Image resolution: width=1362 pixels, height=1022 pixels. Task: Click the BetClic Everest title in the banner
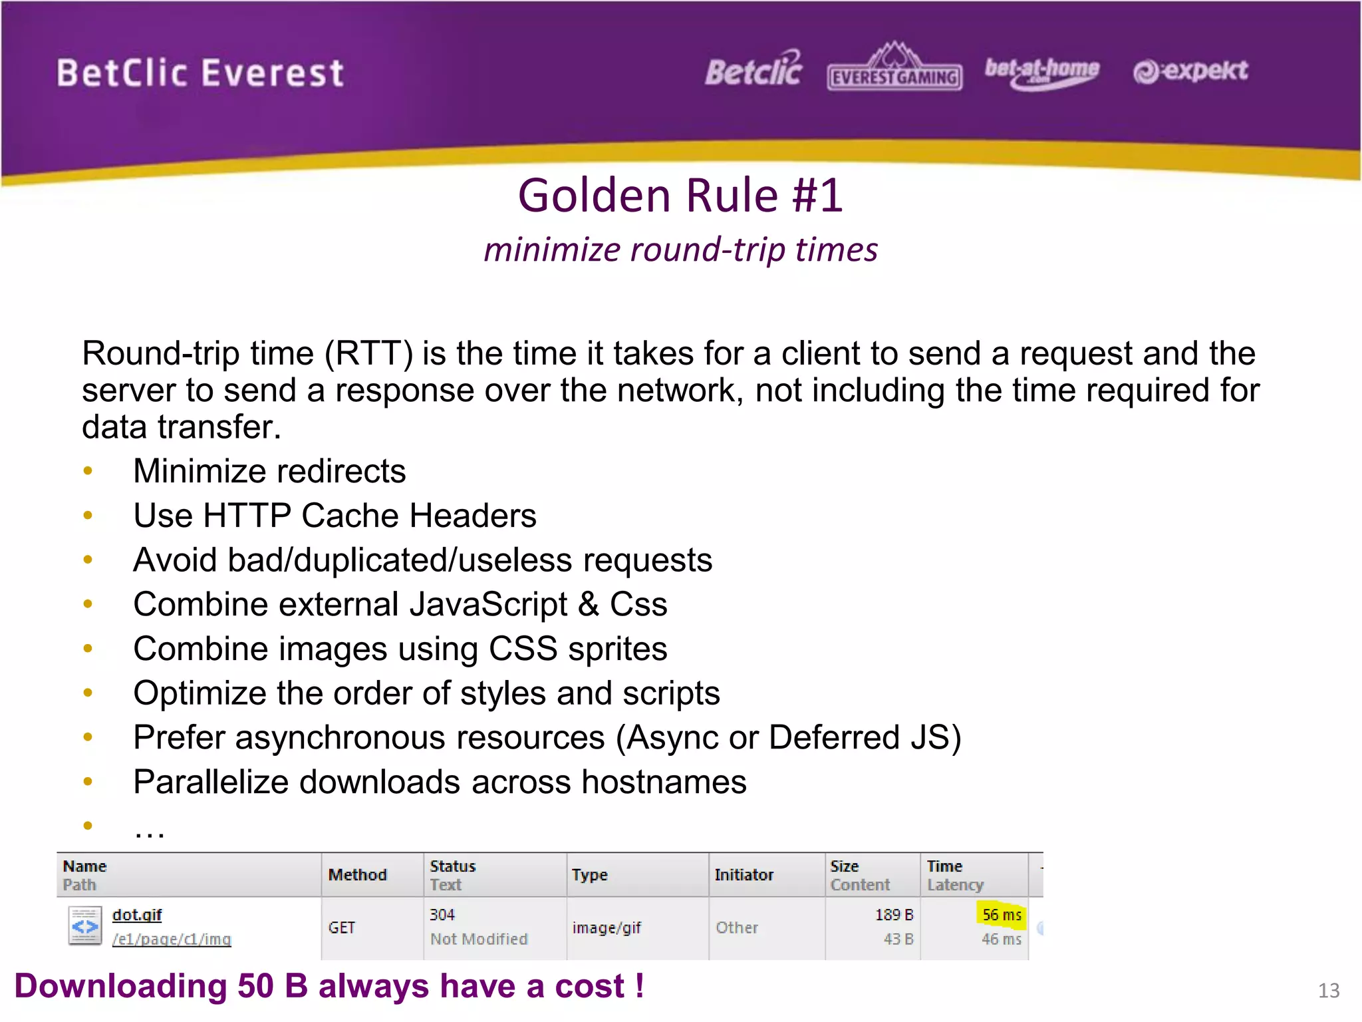pyautogui.click(x=200, y=73)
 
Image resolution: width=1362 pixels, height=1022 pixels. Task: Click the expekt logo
pyautogui.click(x=1190, y=71)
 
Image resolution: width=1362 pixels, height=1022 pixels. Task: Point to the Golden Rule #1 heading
pyautogui.click(x=680, y=196)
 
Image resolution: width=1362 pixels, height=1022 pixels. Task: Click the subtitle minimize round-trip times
pyautogui.click(x=680, y=250)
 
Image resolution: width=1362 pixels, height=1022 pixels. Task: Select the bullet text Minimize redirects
pyautogui.click(x=269, y=471)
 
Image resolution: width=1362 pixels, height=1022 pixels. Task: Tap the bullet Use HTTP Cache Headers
pyautogui.click(x=335, y=516)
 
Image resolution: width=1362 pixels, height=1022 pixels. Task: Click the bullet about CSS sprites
pyautogui.click(x=400, y=649)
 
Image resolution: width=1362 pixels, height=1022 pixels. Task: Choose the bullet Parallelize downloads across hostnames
pyautogui.click(x=440, y=782)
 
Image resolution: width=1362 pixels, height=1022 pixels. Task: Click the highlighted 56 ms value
pyautogui.click(x=1002, y=915)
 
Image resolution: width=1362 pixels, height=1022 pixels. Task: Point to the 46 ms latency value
pyautogui.click(x=1001, y=939)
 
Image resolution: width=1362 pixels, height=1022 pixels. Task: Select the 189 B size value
pyautogui.click(x=894, y=915)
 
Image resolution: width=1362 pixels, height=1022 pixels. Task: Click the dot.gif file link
pyautogui.click(x=137, y=915)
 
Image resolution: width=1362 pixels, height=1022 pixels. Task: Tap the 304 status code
pyautogui.click(x=442, y=915)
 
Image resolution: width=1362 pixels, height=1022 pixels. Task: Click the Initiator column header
pyautogui.click(x=744, y=875)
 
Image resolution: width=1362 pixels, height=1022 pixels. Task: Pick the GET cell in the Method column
pyautogui.click(x=342, y=928)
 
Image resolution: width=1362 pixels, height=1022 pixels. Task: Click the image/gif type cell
pyautogui.click(x=607, y=928)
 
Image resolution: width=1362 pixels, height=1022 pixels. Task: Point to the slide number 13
pyautogui.click(x=1328, y=991)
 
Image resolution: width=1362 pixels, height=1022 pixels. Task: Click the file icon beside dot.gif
pyautogui.click(x=85, y=926)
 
